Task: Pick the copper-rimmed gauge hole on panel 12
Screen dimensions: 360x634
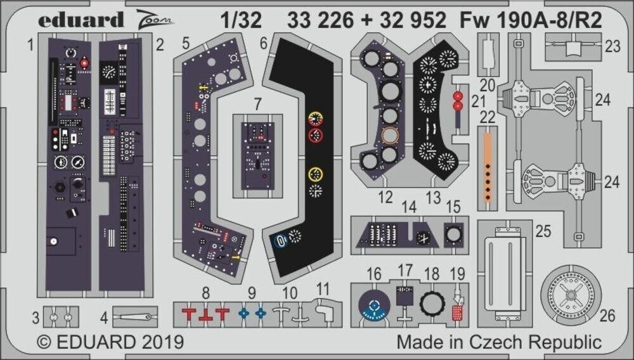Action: [x=391, y=136]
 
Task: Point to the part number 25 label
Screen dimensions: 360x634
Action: [x=543, y=231]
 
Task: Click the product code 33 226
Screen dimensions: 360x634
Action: [x=322, y=21]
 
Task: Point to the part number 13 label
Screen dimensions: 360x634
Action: [x=432, y=198]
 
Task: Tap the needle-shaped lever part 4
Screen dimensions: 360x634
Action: [x=134, y=316]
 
